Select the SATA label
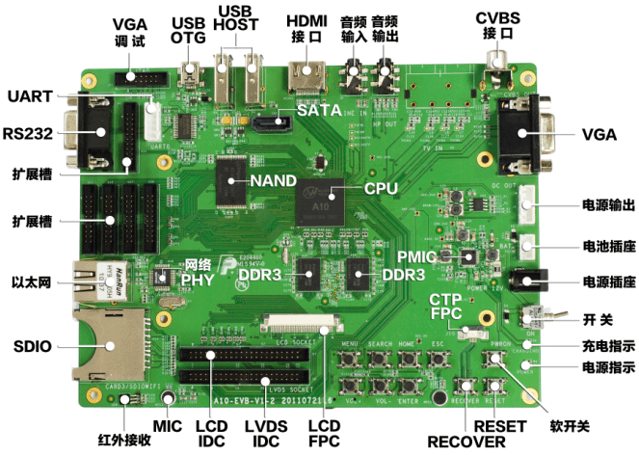click(x=319, y=110)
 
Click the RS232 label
click(x=27, y=131)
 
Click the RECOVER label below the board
click(x=466, y=442)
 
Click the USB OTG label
click(x=188, y=30)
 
